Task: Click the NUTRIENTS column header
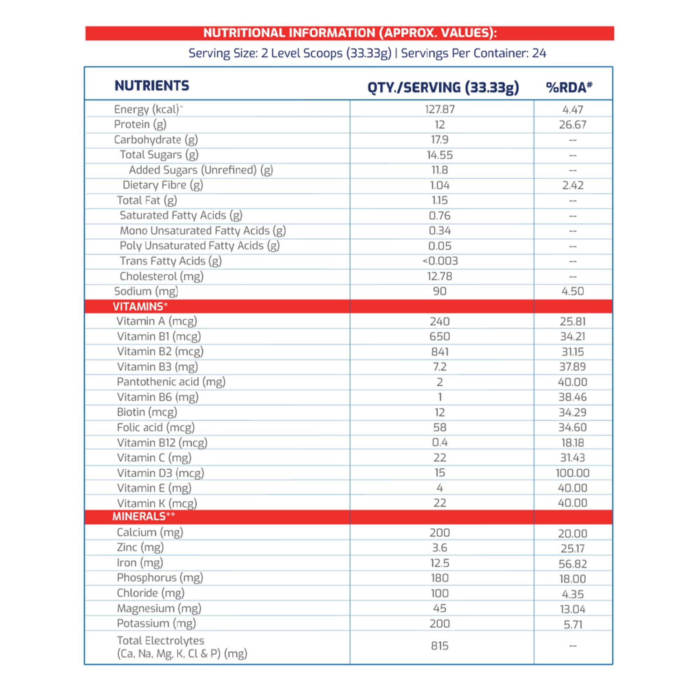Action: click(152, 86)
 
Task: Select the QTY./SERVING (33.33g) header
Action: click(443, 88)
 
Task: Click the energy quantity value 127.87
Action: click(440, 109)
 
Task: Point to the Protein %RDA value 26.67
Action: click(573, 125)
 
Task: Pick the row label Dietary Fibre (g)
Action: click(163, 185)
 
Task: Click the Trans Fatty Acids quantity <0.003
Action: click(440, 261)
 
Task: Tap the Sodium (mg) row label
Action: click(146, 291)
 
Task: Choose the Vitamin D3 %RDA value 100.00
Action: click(573, 473)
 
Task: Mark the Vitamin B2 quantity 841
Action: click(440, 351)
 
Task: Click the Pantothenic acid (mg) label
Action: click(171, 382)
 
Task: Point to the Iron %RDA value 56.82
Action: click(573, 564)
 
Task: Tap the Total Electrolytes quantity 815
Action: click(440, 646)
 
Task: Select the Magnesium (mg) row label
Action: click(159, 608)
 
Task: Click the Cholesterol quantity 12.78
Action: click(440, 276)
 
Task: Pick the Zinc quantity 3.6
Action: click(440, 548)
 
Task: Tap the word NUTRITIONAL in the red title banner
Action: click(245, 33)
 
